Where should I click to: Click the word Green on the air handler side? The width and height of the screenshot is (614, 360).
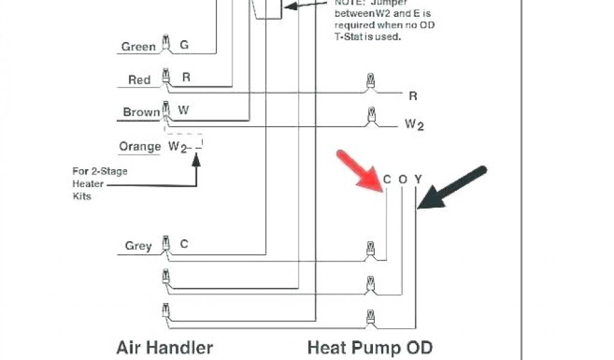pyautogui.click(x=139, y=47)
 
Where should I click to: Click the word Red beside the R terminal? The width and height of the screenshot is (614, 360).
pyautogui.click(x=139, y=80)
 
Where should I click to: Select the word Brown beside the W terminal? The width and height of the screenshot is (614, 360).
pyautogui.click(x=142, y=112)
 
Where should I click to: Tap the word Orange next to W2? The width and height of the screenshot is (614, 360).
pyautogui.click(x=140, y=146)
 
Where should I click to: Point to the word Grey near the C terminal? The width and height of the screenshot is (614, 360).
pyautogui.click(x=138, y=246)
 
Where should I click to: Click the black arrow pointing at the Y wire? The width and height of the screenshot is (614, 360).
pyautogui.click(x=453, y=188)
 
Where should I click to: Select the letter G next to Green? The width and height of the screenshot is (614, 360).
pyautogui.click(x=184, y=45)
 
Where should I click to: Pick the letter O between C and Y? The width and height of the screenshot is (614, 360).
pyautogui.click(x=402, y=179)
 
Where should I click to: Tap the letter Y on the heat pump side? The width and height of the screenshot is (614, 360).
pyautogui.click(x=418, y=179)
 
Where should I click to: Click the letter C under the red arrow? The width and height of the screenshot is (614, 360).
pyautogui.click(x=387, y=179)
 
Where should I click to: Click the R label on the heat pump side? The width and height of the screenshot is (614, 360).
pyautogui.click(x=413, y=96)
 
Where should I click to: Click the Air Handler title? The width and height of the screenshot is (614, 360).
pyautogui.click(x=164, y=347)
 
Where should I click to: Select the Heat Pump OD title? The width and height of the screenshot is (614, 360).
pyautogui.click(x=369, y=347)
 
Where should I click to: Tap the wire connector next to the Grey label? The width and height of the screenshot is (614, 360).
pyautogui.click(x=165, y=246)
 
